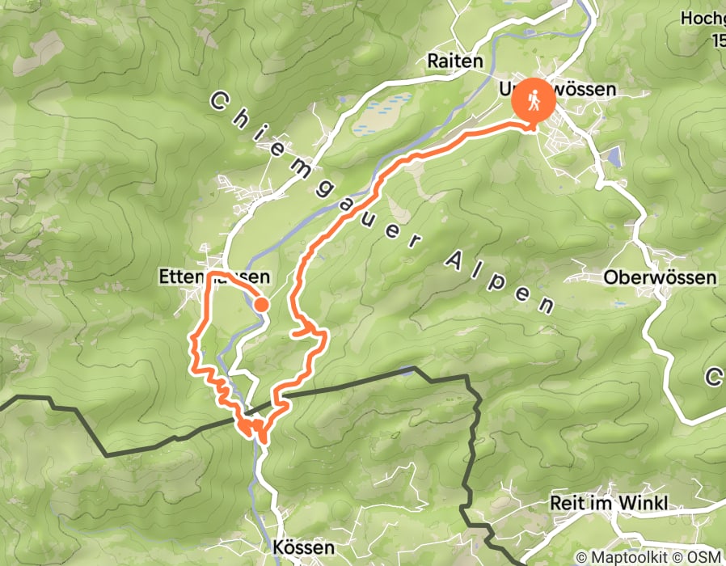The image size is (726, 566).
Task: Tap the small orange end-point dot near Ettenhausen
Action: (262, 304)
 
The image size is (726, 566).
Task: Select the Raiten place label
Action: (455, 61)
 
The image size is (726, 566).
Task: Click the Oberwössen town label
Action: (661, 278)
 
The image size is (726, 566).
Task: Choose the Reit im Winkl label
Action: (609, 503)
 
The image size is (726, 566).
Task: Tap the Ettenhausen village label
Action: (213, 277)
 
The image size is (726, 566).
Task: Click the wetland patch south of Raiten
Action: (380, 113)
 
